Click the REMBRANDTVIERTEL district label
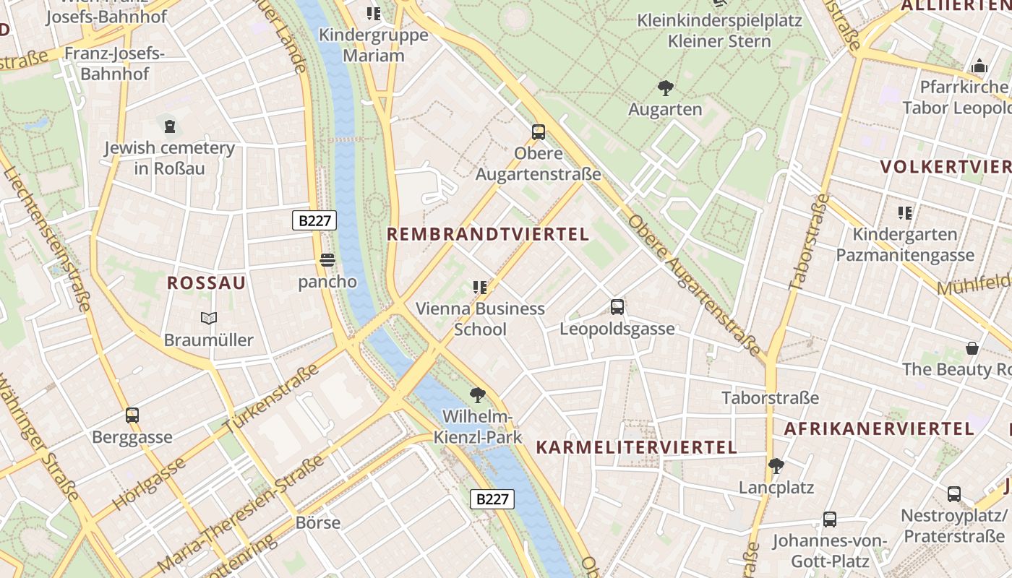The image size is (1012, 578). (x=488, y=234)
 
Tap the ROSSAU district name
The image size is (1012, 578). (x=207, y=282)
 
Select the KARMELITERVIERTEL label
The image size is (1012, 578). (x=636, y=447)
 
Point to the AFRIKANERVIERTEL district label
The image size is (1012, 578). (x=879, y=428)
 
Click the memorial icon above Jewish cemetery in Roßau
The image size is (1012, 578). (x=170, y=126)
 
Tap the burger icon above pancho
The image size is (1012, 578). (x=327, y=260)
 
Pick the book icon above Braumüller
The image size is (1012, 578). (x=209, y=318)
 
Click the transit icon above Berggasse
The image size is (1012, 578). (x=132, y=415)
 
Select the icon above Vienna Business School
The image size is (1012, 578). (x=480, y=288)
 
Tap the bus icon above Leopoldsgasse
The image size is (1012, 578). (x=617, y=307)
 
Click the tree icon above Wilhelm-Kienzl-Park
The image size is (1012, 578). (x=477, y=395)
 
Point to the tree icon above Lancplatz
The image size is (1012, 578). (x=776, y=466)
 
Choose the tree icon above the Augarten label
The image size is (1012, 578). (x=665, y=88)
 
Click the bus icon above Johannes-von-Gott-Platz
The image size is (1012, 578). (x=830, y=519)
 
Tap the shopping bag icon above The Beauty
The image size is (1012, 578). (x=972, y=348)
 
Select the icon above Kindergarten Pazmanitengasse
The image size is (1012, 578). (x=905, y=213)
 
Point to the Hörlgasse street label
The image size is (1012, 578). (x=149, y=483)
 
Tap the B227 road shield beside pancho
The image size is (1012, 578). (x=314, y=220)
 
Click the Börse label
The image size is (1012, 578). (x=318, y=522)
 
